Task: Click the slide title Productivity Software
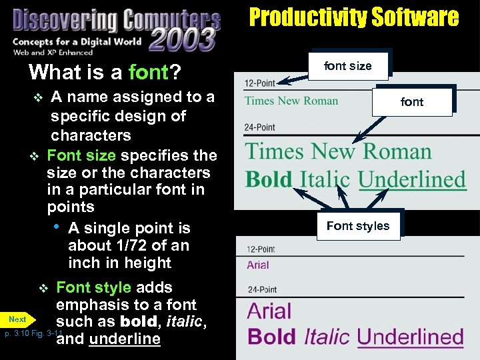point(354,17)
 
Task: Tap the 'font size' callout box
point(347,65)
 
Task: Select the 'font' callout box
point(412,101)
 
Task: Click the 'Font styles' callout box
point(358,226)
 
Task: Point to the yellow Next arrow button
point(19,319)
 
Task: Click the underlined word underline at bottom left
point(125,339)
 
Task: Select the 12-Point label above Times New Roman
point(260,84)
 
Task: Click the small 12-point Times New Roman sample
point(291,101)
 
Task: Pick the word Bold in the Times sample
point(269,179)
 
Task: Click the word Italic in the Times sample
point(325,179)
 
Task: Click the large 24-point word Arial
point(269,311)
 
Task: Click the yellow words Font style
point(94,287)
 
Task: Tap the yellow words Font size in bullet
point(81,155)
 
